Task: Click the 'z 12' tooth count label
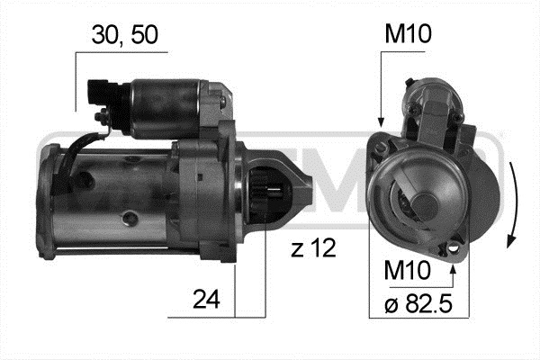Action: pos(313,249)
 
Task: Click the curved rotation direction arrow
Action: pos(510,202)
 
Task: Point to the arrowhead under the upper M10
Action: pos(382,121)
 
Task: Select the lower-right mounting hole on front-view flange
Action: pos(456,244)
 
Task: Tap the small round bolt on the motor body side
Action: pos(131,217)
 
